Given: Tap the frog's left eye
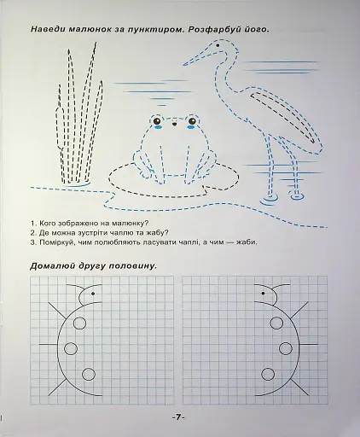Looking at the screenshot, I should point(167,125).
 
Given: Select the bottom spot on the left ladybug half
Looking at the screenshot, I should point(87,373).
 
